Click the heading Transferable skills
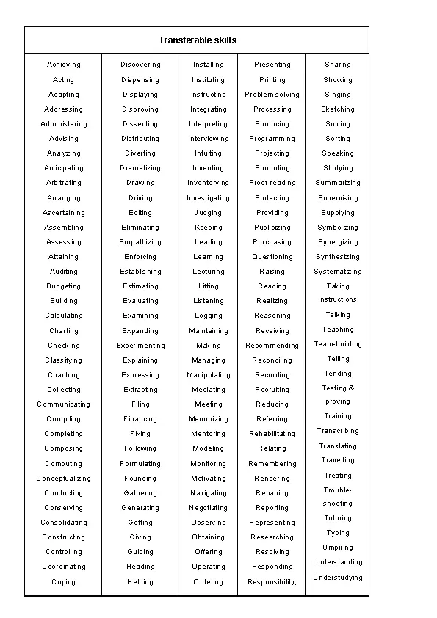[198, 40]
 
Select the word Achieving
[64, 65]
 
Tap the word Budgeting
[64, 286]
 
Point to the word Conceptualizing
[64, 479]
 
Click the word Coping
[64, 582]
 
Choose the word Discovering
[140, 65]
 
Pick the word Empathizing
[140, 242]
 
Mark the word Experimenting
[140, 346]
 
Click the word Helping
[140, 582]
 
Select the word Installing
[209, 65]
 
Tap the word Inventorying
[209, 183]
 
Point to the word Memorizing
[209, 419]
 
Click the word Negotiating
[209, 508]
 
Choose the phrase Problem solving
[272, 95]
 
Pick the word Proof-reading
[272, 183]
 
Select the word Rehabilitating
[272, 434]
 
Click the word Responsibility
[272, 582]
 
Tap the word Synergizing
[338, 242]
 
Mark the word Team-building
[338, 344]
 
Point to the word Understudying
[338, 578]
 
